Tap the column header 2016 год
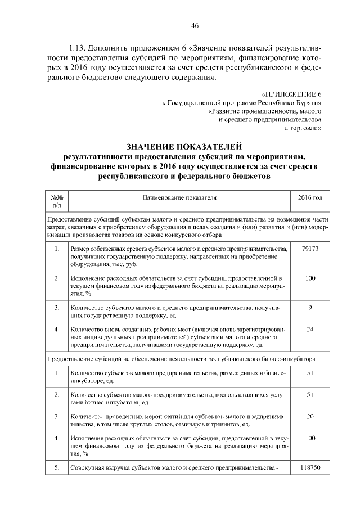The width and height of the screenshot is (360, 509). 310,198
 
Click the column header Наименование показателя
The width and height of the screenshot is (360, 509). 179,198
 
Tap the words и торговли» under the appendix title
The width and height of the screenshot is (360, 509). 303,128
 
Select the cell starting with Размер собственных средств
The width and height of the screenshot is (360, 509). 179,256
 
